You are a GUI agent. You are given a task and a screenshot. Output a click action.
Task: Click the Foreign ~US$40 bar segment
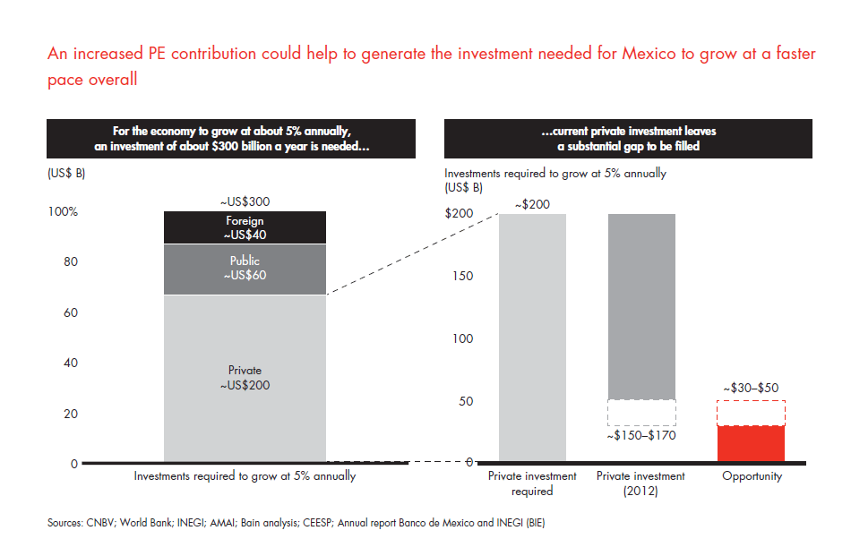click(x=245, y=227)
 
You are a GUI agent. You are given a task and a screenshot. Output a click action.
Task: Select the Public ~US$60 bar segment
click(x=245, y=269)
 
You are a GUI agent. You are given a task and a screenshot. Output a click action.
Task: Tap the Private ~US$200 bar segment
click(x=245, y=378)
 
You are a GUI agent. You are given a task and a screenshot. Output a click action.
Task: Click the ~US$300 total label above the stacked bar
click(x=245, y=202)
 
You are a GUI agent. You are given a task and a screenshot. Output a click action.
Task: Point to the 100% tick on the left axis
click(x=62, y=212)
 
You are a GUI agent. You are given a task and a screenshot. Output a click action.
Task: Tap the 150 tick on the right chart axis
click(x=461, y=276)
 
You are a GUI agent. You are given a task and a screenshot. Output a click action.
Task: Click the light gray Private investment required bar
click(x=532, y=338)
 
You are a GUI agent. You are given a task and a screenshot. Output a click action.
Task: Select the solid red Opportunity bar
click(x=752, y=443)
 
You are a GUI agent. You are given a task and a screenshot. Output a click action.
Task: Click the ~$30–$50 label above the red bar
click(x=752, y=389)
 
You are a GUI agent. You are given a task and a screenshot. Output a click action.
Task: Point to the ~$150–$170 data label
click(x=641, y=436)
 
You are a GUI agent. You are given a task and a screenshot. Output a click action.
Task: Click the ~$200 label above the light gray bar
click(x=532, y=204)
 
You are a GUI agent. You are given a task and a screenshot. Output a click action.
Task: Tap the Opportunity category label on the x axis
click(x=752, y=476)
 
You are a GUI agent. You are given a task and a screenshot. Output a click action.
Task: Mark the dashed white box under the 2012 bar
click(x=641, y=412)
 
